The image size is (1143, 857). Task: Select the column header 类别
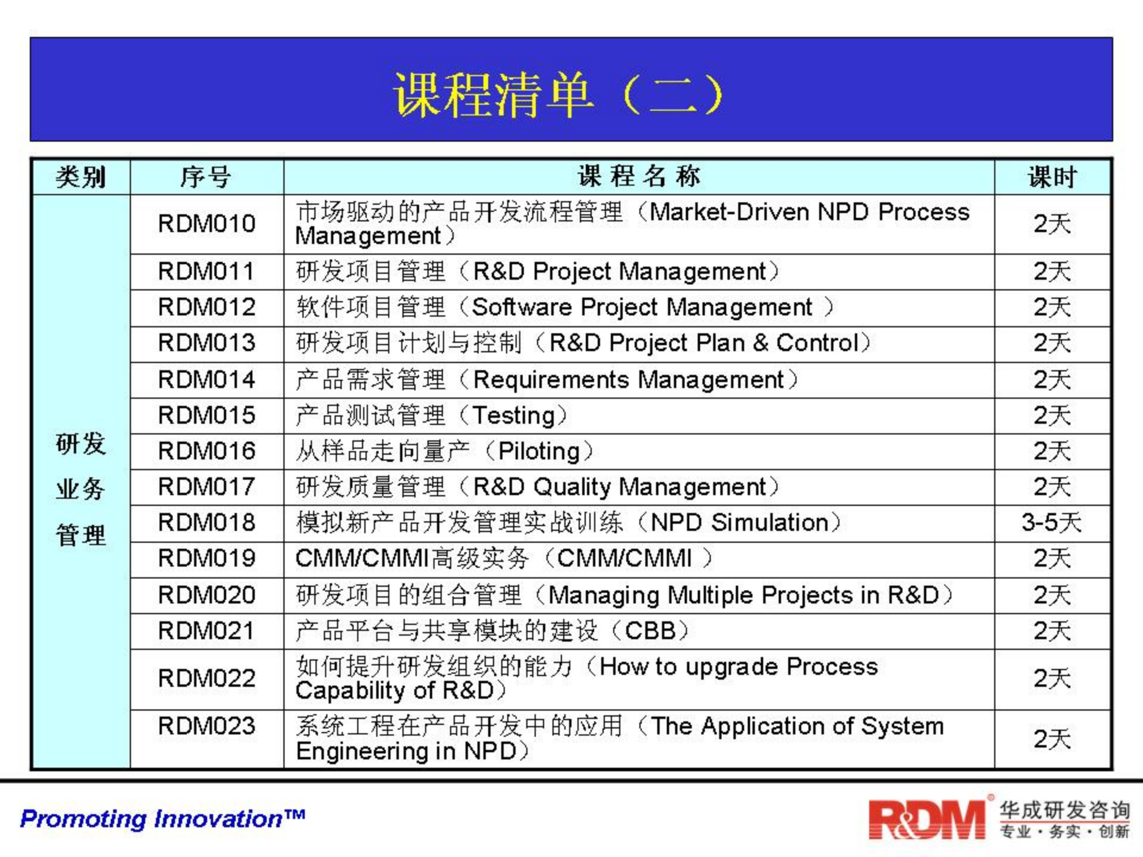80,177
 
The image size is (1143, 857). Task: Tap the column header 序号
206,177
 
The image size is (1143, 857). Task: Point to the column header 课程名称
639,176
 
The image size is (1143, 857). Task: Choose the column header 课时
1052,177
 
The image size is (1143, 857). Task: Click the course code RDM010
207,224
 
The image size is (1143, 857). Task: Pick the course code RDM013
207,343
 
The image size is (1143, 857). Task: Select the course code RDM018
207,523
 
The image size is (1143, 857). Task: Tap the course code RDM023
207,726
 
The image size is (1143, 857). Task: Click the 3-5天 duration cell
1051,523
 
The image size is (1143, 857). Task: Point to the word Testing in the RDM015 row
514,415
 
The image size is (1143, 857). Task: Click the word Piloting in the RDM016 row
539,451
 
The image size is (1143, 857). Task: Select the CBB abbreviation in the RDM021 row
650,631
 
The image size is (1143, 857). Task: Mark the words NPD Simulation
739,523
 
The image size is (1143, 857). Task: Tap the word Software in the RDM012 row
521,307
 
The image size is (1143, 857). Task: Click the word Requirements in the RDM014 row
551,380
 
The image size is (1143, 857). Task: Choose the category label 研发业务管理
80,489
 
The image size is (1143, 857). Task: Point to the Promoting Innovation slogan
163,818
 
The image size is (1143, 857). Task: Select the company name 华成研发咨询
1064,810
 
